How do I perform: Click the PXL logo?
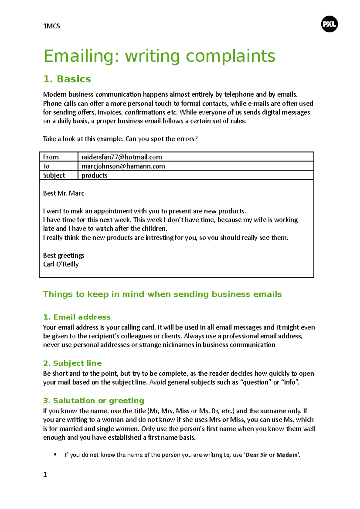tap(329, 24)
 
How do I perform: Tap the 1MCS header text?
tap(52, 26)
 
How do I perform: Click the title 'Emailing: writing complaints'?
tap(159, 56)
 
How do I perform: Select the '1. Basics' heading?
tap(67, 79)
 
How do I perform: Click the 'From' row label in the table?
tap(51, 157)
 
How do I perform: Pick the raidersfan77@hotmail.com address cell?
tap(122, 157)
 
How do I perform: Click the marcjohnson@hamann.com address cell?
tap(123, 166)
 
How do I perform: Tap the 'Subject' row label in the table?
tap(54, 175)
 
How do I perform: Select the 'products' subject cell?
tap(94, 175)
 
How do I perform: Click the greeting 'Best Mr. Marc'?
tap(64, 193)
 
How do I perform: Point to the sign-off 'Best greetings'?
tap(64, 255)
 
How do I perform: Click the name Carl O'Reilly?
tap(61, 264)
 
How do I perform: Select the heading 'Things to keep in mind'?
tap(162, 294)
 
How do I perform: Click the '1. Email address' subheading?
tap(77, 317)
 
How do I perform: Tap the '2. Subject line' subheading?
tap(72, 363)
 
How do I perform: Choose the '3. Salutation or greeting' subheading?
tap(94, 400)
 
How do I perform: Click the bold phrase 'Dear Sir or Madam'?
tap(272, 455)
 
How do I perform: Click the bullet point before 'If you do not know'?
tap(55, 454)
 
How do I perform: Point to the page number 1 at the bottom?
tap(45, 475)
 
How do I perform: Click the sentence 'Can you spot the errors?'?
tap(162, 139)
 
